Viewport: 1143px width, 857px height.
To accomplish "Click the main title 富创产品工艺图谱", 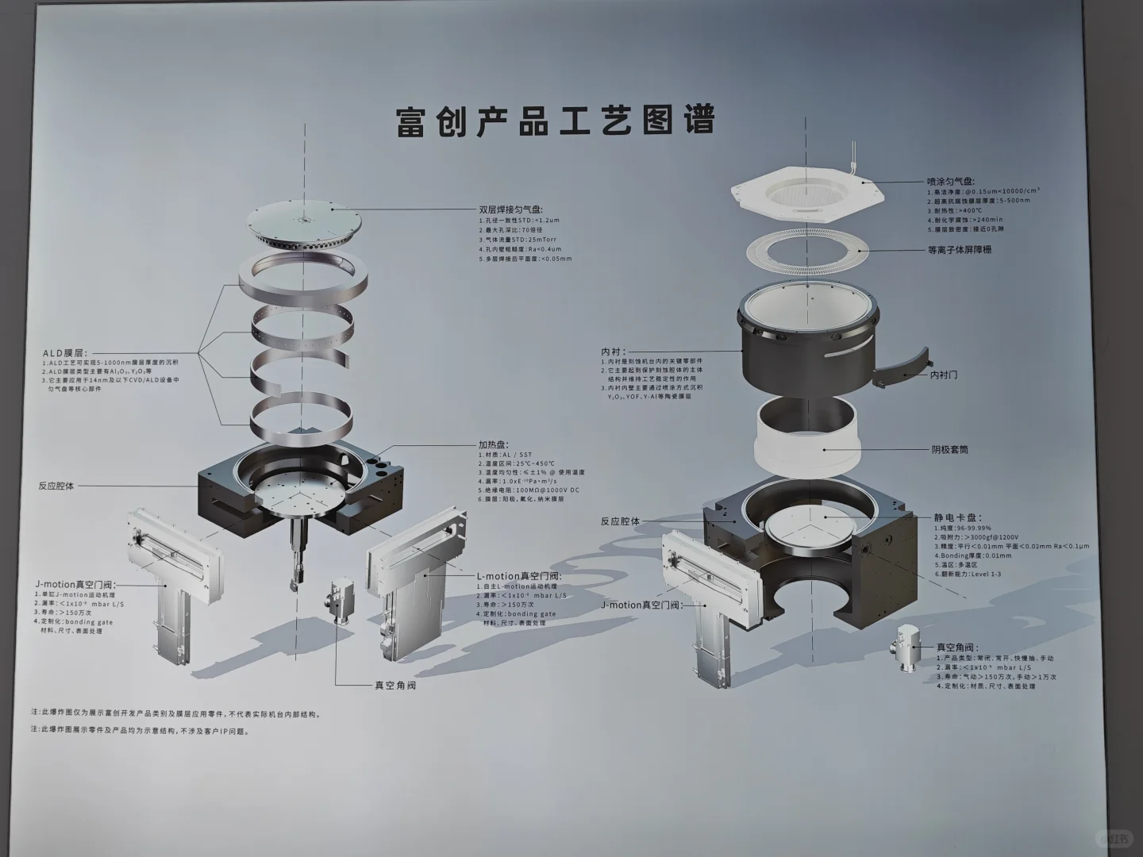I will (x=556, y=121).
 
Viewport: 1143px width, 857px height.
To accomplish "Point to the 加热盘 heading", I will (x=493, y=445).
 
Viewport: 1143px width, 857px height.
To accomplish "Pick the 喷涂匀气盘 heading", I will (x=951, y=182).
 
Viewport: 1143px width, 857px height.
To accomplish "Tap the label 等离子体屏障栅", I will (x=960, y=250).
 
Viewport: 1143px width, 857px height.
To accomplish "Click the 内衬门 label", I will (x=943, y=374).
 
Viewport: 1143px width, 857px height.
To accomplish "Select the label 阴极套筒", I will (x=949, y=450).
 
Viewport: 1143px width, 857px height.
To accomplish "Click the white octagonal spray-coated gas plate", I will (x=805, y=194).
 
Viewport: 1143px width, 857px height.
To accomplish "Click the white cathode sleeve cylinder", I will (x=806, y=444).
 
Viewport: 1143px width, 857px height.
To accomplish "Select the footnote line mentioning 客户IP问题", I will (x=140, y=732).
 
